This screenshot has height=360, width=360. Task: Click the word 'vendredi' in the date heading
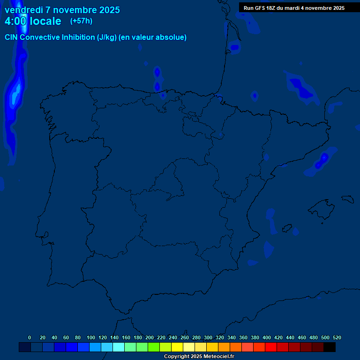click(x=23, y=10)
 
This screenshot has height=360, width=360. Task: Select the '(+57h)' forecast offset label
click(x=81, y=21)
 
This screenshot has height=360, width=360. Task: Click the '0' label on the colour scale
click(x=30, y=337)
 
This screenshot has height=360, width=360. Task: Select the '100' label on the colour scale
click(x=91, y=337)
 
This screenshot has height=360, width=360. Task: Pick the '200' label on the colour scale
click(x=150, y=337)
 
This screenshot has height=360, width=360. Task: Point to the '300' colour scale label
click(x=208, y=337)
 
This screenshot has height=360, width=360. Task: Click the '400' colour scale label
click(x=267, y=337)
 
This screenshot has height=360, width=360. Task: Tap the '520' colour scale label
click(x=337, y=337)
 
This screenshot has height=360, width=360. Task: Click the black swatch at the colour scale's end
click(x=330, y=347)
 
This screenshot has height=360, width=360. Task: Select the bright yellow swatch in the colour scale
click(x=177, y=347)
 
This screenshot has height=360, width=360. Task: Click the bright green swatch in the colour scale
click(x=154, y=347)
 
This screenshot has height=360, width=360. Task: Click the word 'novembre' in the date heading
click(x=77, y=10)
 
